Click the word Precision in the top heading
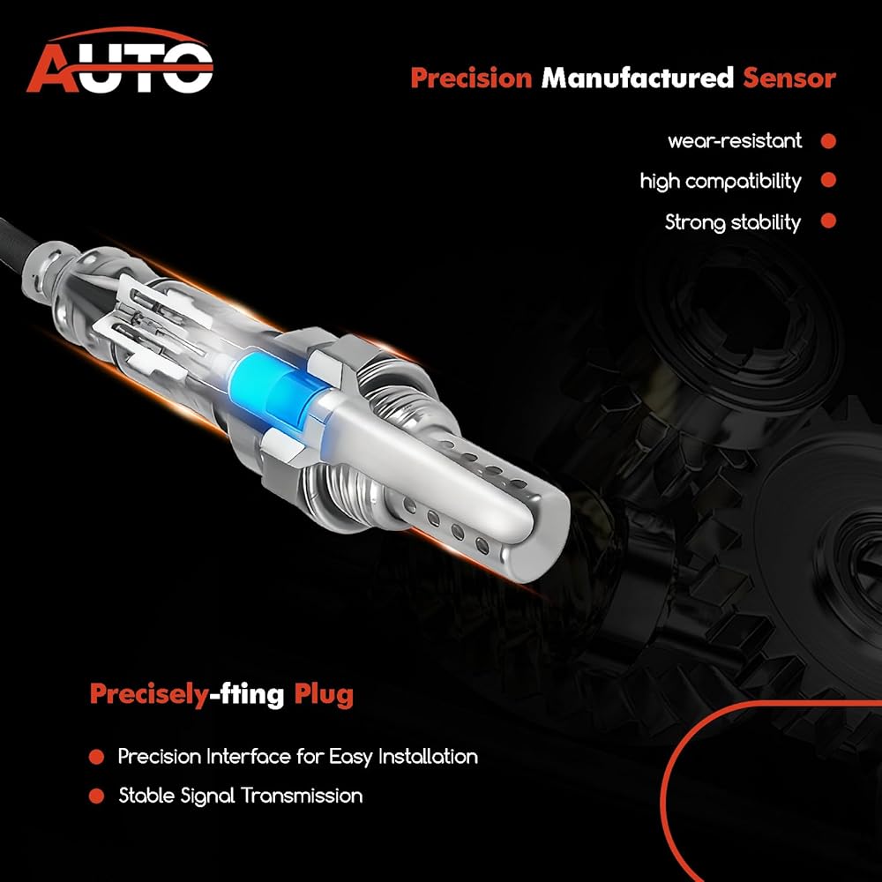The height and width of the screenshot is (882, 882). [x=471, y=78]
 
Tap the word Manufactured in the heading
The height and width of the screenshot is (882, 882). [x=638, y=78]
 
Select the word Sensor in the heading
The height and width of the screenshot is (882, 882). [x=789, y=78]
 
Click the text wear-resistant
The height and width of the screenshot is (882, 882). [x=735, y=140]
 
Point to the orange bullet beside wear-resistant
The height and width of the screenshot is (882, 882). [x=828, y=140]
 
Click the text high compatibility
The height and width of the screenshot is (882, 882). [x=721, y=181]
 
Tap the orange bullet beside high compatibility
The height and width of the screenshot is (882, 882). [x=828, y=180]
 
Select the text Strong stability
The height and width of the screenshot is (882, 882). [x=733, y=222]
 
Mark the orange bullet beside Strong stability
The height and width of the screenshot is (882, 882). [x=828, y=220]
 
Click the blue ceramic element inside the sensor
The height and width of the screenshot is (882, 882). [x=270, y=389]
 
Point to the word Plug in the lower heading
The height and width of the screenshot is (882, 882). [x=324, y=695]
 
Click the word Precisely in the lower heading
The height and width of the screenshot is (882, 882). [x=149, y=695]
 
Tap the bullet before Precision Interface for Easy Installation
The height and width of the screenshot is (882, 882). [x=96, y=757]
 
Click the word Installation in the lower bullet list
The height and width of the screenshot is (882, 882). [x=428, y=757]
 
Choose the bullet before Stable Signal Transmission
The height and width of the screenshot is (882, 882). [x=96, y=796]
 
